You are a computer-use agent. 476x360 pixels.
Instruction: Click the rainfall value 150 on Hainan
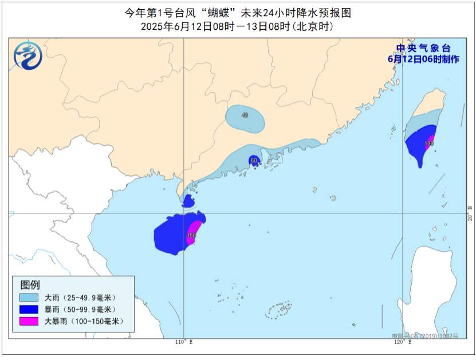click(191, 236)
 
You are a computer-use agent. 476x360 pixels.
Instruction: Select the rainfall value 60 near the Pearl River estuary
click(254, 161)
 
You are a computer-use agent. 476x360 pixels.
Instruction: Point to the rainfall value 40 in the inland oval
click(245, 116)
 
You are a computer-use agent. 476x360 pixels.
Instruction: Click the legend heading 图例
click(30, 285)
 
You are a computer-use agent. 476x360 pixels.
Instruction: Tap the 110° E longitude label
click(183, 342)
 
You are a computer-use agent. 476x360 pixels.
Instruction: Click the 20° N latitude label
click(469, 218)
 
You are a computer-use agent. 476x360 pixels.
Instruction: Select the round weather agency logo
click(28, 56)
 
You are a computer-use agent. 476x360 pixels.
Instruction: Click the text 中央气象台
click(423, 49)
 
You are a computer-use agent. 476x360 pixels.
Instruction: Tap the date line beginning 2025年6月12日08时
click(237, 26)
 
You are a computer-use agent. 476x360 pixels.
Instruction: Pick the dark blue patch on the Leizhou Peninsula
click(188, 201)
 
